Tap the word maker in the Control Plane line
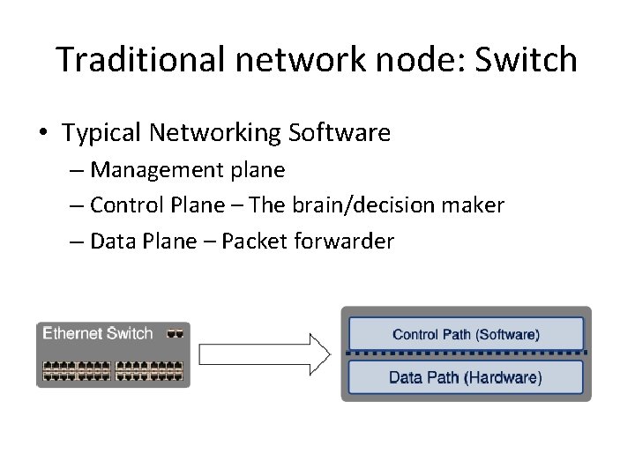point(476,205)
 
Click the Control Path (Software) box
point(467,334)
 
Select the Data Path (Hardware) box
point(467,377)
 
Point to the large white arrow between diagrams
point(265,353)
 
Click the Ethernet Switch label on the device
point(98,333)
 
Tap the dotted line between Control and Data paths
point(467,355)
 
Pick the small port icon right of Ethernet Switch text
point(176,333)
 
